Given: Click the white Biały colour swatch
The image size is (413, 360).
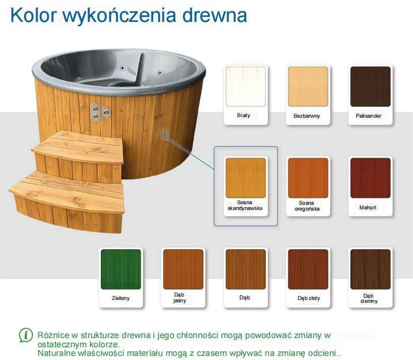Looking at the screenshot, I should (246, 87).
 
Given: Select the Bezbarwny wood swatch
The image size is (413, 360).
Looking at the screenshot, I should (307, 87).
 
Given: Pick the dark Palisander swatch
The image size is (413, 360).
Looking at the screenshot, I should (370, 87).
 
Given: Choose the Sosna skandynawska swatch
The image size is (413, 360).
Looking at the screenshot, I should (246, 178).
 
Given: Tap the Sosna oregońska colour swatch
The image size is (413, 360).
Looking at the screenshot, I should (307, 178).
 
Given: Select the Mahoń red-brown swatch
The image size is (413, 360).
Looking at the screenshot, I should (370, 178).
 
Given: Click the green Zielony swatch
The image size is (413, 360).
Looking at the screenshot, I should (121, 269).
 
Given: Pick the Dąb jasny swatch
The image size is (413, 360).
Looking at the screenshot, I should (183, 269).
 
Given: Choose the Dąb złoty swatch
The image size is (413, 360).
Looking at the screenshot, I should (307, 269).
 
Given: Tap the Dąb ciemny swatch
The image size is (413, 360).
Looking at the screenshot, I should (370, 269).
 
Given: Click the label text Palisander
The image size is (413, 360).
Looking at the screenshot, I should (369, 116).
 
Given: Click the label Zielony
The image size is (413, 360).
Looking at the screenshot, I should (121, 298).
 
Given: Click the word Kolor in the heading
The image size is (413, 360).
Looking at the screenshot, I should (35, 15).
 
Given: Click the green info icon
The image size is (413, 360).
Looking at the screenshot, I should (26, 335).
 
